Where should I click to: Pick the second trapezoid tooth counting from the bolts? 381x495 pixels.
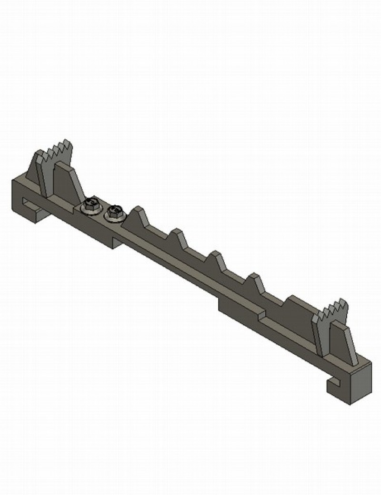(177, 239)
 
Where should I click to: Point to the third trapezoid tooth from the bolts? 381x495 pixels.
(217, 261)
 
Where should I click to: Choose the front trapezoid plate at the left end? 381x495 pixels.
(67, 181)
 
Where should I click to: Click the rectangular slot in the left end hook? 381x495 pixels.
(31, 205)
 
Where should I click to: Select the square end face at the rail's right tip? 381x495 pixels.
(360, 383)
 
